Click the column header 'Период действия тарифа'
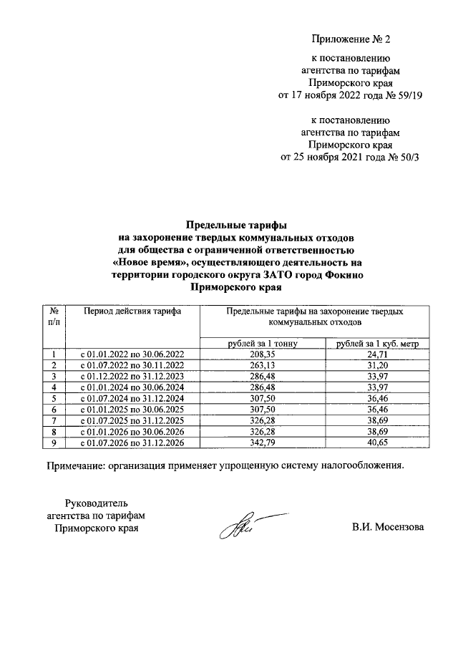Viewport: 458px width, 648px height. click(x=132, y=311)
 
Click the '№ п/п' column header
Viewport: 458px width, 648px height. click(x=54, y=317)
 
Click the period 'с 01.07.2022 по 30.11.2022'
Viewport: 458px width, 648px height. click(x=132, y=365)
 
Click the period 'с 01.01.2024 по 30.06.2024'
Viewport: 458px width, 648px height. click(x=132, y=387)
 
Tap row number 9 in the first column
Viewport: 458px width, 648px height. click(x=54, y=443)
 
